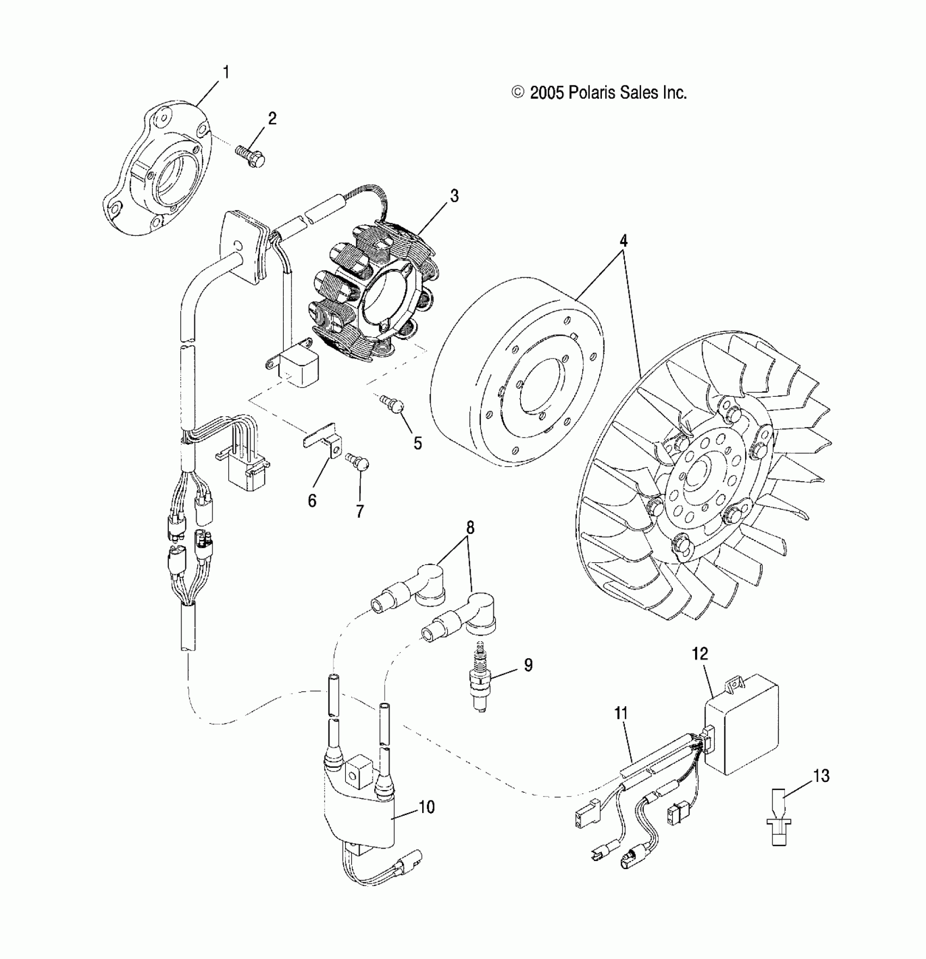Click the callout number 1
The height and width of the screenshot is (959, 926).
(226, 72)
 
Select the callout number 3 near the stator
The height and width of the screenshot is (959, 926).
(454, 196)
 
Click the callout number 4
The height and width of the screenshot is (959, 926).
(624, 240)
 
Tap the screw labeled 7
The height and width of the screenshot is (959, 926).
(359, 464)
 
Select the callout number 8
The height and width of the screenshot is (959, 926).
(470, 527)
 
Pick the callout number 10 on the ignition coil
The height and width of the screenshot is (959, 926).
(427, 807)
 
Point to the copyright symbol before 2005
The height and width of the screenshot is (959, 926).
(518, 93)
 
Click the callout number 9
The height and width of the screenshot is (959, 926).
(528, 665)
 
